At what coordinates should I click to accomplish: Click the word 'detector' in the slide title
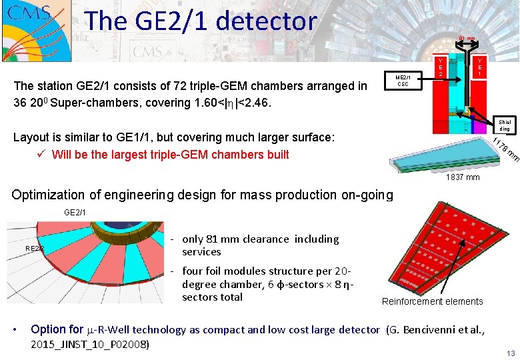coord(269,21)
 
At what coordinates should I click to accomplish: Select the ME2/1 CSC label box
coord(403,80)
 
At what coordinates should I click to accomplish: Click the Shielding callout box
coord(504,125)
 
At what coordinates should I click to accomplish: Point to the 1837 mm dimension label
coord(463,177)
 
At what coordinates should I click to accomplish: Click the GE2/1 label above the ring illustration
coord(75,212)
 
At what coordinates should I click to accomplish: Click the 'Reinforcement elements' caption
coord(432,301)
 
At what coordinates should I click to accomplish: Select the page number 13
coord(511,353)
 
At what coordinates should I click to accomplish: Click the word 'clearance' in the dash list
coord(263,239)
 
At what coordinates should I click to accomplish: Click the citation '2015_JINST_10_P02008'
coord(91,344)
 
